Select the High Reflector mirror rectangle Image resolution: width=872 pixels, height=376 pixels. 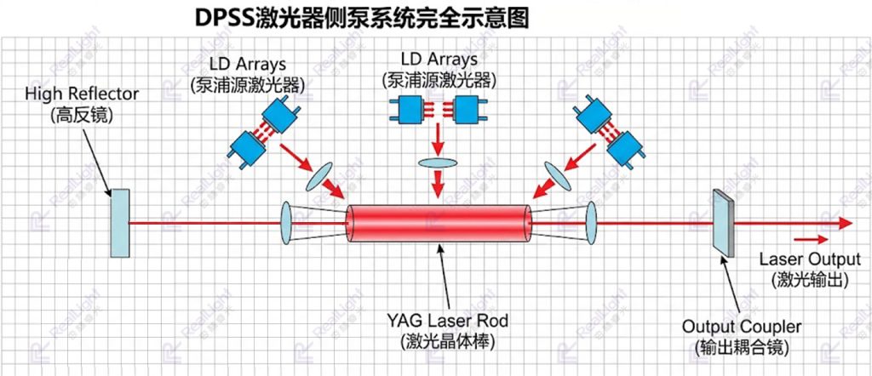click(x=119, y=223)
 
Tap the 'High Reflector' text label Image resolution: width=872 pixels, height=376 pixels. click(x=81, y=94)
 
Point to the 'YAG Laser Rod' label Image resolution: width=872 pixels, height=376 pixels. click(x=448, y=321)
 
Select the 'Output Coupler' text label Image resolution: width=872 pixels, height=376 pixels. click(x=743, y=327)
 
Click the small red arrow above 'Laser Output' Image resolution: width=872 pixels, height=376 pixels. click(x=811, y=239)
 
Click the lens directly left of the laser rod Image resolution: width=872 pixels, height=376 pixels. click(x=286, y=223)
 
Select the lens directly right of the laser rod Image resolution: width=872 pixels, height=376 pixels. click(x=591, y=223)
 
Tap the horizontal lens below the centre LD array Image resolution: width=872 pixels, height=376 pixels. click(x=438, y=162)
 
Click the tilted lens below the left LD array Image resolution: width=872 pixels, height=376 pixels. click(x=318, y=178)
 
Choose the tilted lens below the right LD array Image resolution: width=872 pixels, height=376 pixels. click(x=558, y=177)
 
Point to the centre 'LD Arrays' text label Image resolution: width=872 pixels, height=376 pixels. click(x=439, y=59)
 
